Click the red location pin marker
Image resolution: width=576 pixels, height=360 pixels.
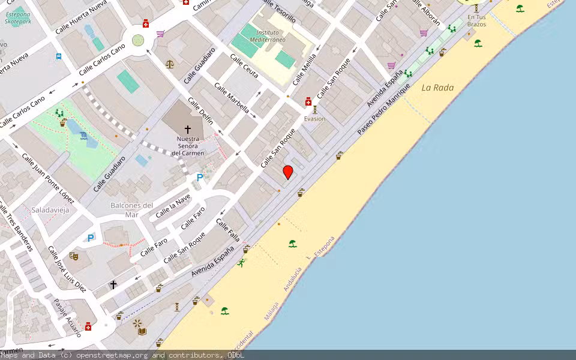[x=288, y=172]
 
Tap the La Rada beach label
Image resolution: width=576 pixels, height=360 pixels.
[x=437, y=88]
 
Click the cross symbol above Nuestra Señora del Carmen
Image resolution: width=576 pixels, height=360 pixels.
[x=188, y=129]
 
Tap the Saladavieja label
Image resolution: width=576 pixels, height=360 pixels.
[x=50, y=210]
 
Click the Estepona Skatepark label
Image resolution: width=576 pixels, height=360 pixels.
[x=17, y=17]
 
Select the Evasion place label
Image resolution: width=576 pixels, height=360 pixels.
[x=314, y=119]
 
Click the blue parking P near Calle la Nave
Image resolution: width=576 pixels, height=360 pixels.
[x=200, y=178]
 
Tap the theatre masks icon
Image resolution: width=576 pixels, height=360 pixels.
[x=74, y=256]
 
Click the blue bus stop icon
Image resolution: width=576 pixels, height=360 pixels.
[x=59, y=57]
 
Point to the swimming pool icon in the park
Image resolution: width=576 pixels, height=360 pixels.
[x=83, y=136]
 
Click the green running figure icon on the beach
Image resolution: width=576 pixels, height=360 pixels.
[x=241, y=262]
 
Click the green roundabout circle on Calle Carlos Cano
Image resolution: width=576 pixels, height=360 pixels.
[x=138, y=40]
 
